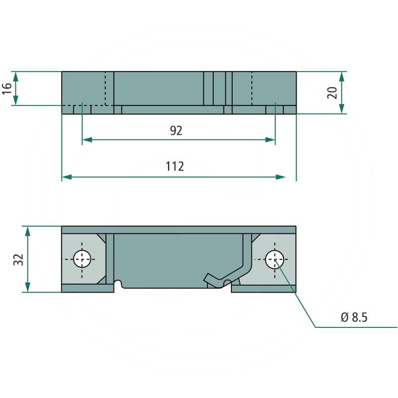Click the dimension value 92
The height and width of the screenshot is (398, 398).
[x=176, y=131]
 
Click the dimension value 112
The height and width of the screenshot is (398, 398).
[x=175, y=167]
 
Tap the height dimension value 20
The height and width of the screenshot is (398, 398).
[x=333, y=93]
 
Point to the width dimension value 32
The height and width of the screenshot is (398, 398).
[x=18, y=259]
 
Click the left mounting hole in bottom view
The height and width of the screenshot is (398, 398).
[x=82, y=259]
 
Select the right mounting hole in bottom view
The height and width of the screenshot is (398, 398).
[x=274, y=259]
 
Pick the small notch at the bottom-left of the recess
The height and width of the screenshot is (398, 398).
[x=118, y=285]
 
